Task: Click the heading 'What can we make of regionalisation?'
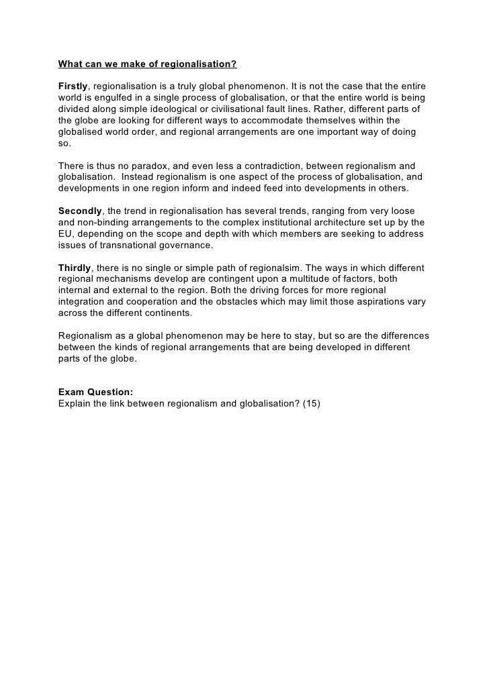point(148,66)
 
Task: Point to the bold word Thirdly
point(74,268)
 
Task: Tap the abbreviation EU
point(66,233)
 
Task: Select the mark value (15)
point(311,403)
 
